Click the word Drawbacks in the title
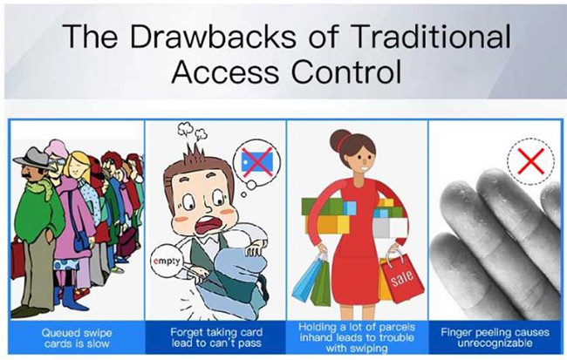[214, 36]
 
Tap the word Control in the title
[346, 71]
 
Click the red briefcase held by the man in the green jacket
[17, 257]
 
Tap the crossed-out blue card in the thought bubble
[257, 162]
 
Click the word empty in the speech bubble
[166, 261]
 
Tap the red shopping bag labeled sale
[401, 277]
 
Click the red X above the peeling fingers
[530, 161]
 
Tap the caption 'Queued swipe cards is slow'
[77, 338]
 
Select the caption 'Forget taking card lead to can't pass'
[216, 337]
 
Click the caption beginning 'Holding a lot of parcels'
[357, 337]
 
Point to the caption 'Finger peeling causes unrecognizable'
[495, 337]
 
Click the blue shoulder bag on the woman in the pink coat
[80, 240]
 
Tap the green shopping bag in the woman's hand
[321, 284]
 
